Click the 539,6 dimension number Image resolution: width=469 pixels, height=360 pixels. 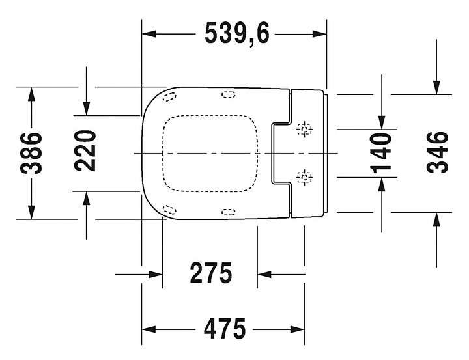tap(237, 33)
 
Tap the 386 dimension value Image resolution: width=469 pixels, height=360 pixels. tap(31, 153)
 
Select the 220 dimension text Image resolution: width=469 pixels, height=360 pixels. tap(85, 150)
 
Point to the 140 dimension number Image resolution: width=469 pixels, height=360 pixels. tap(381, 154)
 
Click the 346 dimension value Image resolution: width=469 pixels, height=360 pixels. tap(437, 152)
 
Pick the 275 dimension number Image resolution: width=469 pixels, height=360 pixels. tap(211, 273)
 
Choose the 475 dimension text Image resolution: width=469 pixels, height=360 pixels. tap(225, 329)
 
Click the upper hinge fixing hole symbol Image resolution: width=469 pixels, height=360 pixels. tap(305, 129)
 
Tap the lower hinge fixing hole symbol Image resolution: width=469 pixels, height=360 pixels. tap(305, 178)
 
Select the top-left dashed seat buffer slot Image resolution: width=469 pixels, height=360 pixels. tap(169, 97)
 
